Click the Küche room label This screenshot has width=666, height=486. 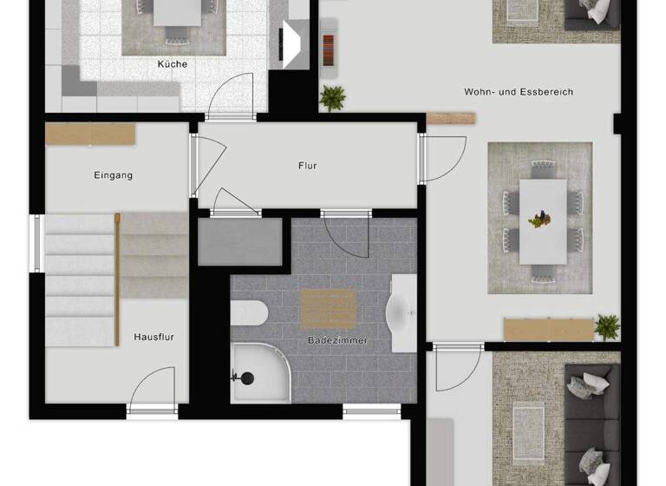172,63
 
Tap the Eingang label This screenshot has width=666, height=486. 114,175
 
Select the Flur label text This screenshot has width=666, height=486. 307,165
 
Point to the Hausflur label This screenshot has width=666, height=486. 154,337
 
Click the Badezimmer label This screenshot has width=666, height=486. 338,341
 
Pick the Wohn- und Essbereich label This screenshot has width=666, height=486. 519,91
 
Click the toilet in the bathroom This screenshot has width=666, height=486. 248,312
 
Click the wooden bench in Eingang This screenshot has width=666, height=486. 90,134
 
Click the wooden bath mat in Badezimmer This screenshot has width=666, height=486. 328,308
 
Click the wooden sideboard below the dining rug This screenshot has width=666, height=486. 548,329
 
